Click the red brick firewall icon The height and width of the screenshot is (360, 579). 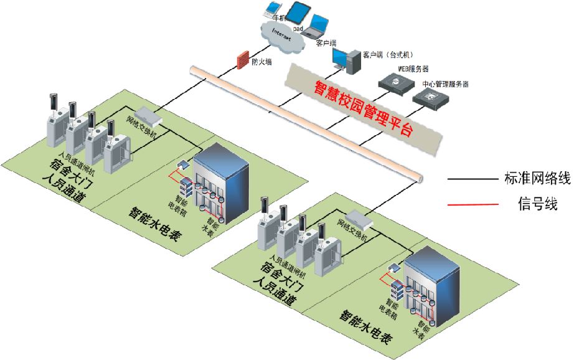click(242, 61)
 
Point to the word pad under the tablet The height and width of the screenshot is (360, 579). click(298, 29)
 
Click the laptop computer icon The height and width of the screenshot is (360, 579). click(317, 26)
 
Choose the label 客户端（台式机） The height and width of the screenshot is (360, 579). click(388, 55)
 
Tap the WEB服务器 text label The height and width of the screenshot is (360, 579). click(413, 69)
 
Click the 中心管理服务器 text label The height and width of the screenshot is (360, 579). click(445, 83)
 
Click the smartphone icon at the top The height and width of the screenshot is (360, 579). click(272, 9)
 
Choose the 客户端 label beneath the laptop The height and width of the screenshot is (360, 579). click(326, 43)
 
